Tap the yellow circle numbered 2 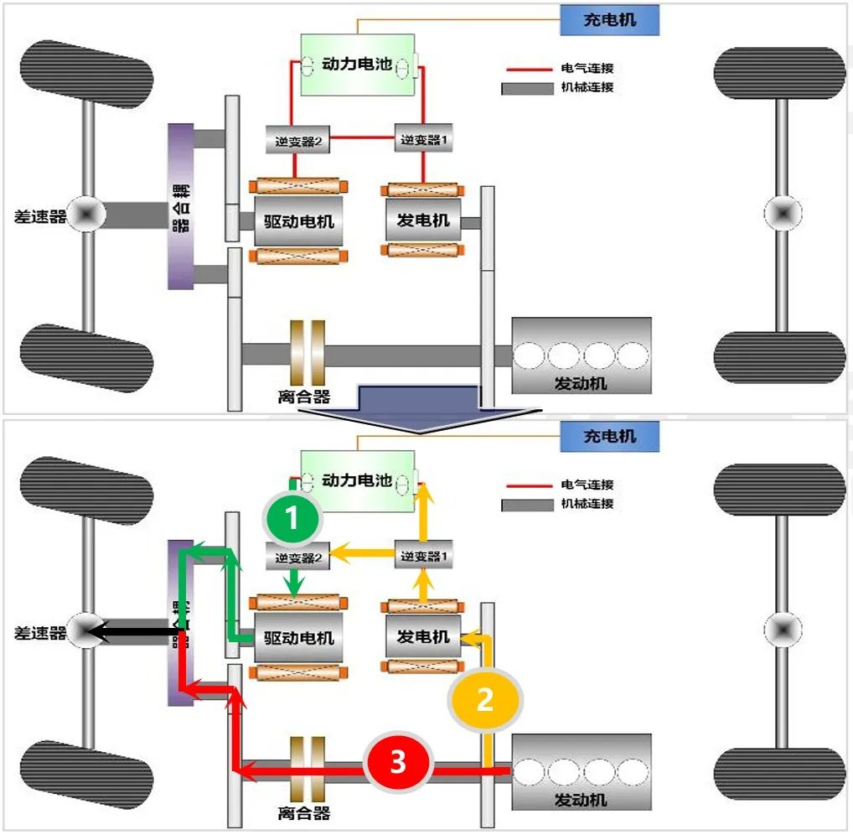tap(485, 699)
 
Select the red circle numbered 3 tap(397, 762)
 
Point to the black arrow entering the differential tap(134, 631)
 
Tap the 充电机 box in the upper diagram tap(609, 20)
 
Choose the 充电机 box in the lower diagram tap(609, 437)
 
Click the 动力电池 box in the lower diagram tap(358, 480)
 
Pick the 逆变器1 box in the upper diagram tap(424, 139)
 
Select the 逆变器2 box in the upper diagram tap(297, 140)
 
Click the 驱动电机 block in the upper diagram tap(298, 220)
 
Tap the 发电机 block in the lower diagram tap(423, 637)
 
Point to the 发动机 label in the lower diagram tap(581, 799)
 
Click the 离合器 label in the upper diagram tap(303, 397)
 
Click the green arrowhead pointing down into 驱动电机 tap(292, 590)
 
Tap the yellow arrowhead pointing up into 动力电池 tap(423, 490)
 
